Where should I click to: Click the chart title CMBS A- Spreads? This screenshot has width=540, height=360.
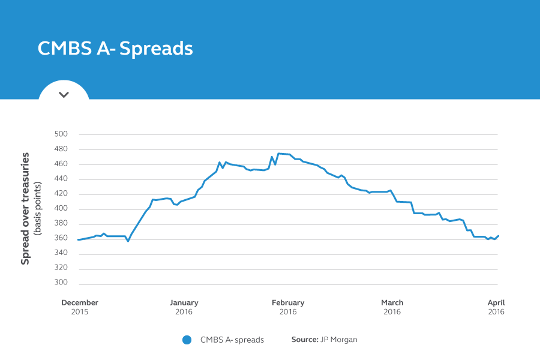(115, 49)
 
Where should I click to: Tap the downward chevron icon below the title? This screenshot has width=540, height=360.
(64, 94)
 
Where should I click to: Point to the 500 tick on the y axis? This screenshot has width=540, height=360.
(61, 134)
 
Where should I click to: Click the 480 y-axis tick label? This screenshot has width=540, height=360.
(61, 149)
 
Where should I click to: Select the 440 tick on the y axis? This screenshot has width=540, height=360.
(61, 179)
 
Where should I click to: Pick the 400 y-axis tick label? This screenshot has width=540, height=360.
(61, 209)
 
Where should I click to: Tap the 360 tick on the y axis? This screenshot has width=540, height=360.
(61, 239)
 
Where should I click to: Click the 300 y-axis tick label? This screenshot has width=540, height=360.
(61, 283)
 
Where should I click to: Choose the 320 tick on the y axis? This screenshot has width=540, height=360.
(61, 268)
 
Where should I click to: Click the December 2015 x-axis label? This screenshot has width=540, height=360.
(80, 307)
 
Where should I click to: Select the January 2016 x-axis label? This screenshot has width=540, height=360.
(184, 307)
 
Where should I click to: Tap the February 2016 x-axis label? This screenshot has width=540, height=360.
(288, 307)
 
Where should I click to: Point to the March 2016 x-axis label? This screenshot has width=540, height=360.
(392, 307)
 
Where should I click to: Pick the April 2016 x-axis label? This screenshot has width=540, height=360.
(496, 307)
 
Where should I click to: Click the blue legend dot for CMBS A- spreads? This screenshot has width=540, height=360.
(187, 340)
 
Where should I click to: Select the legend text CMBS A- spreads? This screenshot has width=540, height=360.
(232, 340)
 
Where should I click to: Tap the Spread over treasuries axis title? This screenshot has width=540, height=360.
(25, 208)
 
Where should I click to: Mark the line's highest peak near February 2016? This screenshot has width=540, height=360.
(279, 154)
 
